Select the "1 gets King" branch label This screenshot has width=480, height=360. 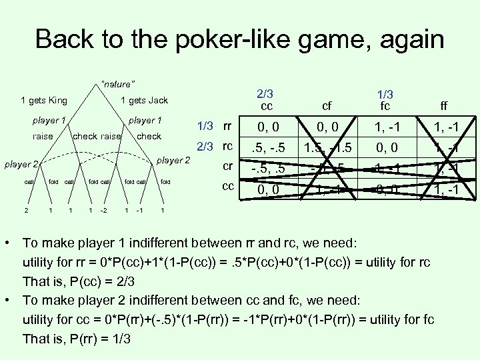pyautogui.click(x=44, y=101)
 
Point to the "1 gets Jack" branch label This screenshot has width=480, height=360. pyautogui.click(x=144, y=101)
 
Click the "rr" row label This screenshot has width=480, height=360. pyautogui.click(x=227, y=127)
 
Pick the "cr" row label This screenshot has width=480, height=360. pyautogui.click(x=227, y=166)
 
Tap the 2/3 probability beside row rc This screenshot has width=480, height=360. pyautogui.click(x=204, y=147)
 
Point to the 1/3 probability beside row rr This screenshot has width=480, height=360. pyautogui.click(x=206, y=127)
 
